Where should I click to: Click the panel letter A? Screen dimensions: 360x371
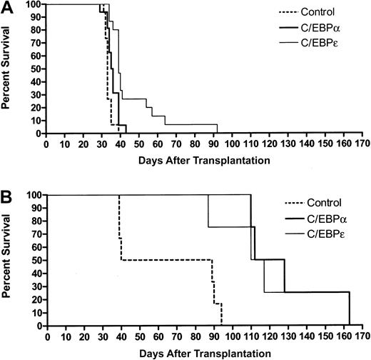click(6, 6)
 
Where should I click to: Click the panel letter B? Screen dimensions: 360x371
click(6, 194)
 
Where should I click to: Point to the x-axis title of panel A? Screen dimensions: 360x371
click(205, 160)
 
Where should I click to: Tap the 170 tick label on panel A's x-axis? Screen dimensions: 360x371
click(362, 143)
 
